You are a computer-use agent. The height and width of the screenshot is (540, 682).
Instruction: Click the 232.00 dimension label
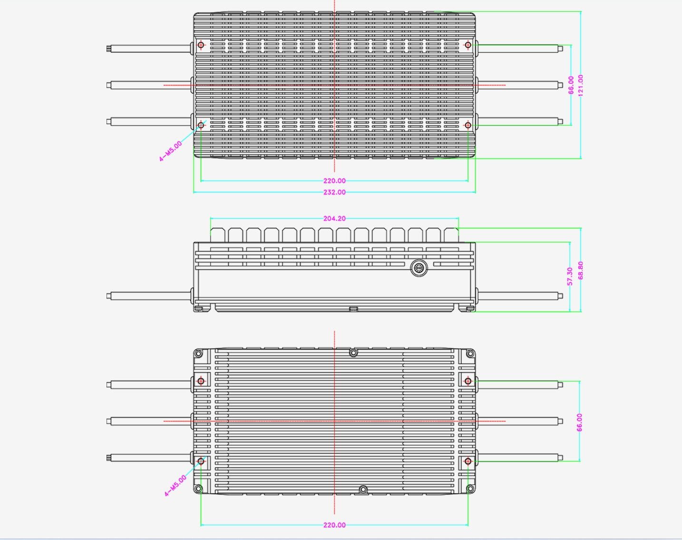pos(334,192)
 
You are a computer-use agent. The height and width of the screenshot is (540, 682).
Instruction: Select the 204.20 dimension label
pos(334,219)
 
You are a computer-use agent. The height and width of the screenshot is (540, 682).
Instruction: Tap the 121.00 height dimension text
pos(581,85)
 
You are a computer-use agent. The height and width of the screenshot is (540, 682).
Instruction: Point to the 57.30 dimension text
pos(570,276)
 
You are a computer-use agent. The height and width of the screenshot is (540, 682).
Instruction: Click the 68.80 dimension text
pos(581,270)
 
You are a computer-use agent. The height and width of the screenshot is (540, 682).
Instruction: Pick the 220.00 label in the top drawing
pos(334,181)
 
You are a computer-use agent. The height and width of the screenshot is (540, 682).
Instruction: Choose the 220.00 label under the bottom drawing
pos(334,525)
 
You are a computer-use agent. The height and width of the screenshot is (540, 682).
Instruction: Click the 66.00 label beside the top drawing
pos(571,85)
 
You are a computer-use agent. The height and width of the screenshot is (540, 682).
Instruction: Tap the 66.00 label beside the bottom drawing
pos(579,422)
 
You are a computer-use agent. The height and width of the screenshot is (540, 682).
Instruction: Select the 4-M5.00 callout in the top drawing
pos(170,151)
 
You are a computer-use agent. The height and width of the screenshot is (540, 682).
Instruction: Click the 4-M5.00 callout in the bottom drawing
pos(175,486)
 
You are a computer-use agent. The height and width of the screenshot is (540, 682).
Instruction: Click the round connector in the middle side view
pos(419,268)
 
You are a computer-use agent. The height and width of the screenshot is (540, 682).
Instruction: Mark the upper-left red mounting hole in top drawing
pos(201,45)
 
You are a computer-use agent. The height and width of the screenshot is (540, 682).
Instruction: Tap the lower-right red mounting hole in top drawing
pos(468,125)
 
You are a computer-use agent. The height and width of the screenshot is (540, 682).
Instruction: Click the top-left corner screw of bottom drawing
pos(198,353)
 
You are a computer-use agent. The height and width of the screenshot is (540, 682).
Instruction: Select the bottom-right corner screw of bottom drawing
pos(471,488)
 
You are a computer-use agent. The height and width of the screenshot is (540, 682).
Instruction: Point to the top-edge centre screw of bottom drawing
pos(353,352)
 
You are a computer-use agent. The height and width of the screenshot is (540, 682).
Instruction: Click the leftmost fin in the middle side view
pos(217,235)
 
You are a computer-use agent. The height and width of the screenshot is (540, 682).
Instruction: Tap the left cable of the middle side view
pos(149,296)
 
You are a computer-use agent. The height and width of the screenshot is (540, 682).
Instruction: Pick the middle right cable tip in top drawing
pos(560,85)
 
